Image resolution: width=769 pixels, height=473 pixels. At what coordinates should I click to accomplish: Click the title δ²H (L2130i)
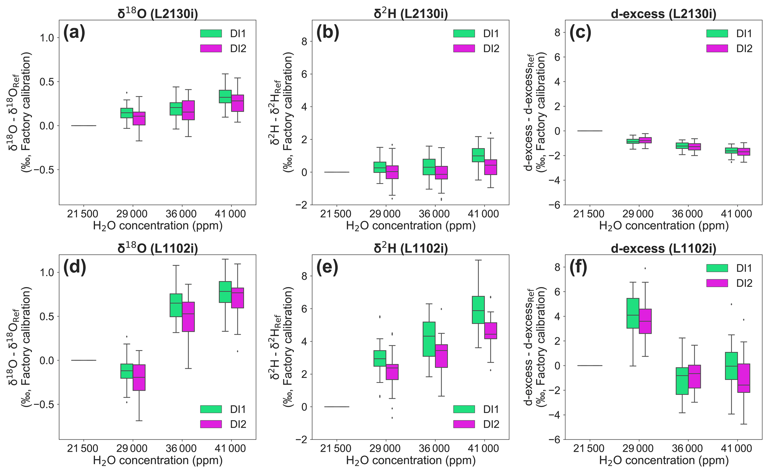(x=411, y=14)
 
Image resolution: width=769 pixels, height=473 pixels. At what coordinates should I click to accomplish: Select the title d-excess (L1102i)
(x=664, y=248)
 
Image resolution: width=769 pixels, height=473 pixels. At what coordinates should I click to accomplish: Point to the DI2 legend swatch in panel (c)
(x=717, y=48)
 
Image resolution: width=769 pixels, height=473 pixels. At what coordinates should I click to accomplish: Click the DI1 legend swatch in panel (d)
(x=211, y=409)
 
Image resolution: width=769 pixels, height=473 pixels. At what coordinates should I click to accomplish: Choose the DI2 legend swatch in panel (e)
(x=464, y=424)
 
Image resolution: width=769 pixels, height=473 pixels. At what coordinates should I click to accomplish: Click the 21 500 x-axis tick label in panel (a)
(x=83, y=214)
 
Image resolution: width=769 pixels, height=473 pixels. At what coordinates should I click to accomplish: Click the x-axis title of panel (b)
(x=411, y=226)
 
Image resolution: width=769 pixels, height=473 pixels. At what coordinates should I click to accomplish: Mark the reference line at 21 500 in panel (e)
(x=337, y=407)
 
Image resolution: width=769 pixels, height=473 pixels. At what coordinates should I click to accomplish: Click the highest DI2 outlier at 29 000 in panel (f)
(x=645, y=268)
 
